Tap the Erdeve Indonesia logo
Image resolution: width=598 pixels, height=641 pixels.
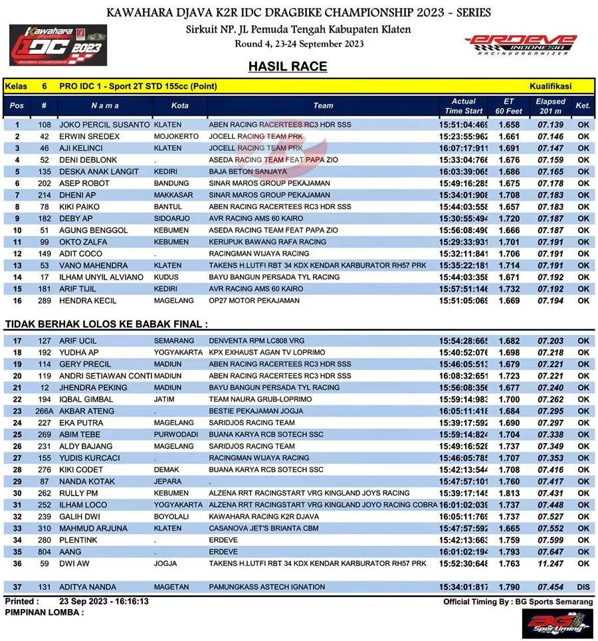point(521,45)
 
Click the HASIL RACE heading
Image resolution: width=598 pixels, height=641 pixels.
point(288,66)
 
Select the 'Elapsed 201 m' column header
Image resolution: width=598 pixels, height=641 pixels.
point(550,106)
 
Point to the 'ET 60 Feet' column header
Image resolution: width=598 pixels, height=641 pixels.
point(509,106)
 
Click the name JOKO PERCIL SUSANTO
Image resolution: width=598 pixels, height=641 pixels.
point(104,125)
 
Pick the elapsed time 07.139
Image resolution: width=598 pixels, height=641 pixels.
point(550,125)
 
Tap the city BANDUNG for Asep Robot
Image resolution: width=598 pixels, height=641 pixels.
point(171,183)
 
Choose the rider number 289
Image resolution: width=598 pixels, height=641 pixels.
point(45,301)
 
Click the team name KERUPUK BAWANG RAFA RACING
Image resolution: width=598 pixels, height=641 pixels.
point(268,242)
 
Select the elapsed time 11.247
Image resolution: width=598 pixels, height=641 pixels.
point(550,564)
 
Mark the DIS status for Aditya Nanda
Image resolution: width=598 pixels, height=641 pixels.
point(583,587)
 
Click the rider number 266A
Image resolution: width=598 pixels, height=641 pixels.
point(45,411)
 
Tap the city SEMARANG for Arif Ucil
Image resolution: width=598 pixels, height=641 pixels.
point(174,341)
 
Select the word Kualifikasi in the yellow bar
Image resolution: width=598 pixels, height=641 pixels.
point(551,86)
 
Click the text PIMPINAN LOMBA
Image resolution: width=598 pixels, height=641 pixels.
point(44,612)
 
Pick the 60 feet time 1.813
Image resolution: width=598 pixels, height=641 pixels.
point(509,494)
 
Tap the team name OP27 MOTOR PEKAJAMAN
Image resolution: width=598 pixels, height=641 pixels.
point(254,301)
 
